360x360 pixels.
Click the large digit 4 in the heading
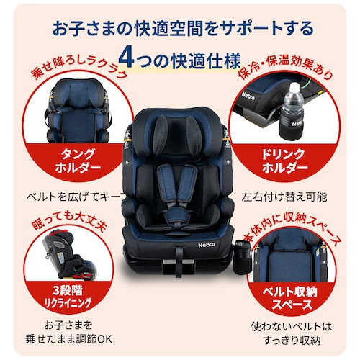point(127,58)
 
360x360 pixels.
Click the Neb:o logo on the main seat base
point(207,245)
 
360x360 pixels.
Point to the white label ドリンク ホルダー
point(284,161)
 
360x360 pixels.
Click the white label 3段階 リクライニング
point(68,297)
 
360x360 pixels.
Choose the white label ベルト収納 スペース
point(289,298)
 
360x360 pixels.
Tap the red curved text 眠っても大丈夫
point(69,221)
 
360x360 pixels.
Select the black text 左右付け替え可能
point(284,197)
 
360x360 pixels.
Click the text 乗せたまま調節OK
point(68,339)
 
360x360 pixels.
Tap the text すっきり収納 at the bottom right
point(292,340)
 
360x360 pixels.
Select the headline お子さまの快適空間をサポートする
point(183,28)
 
